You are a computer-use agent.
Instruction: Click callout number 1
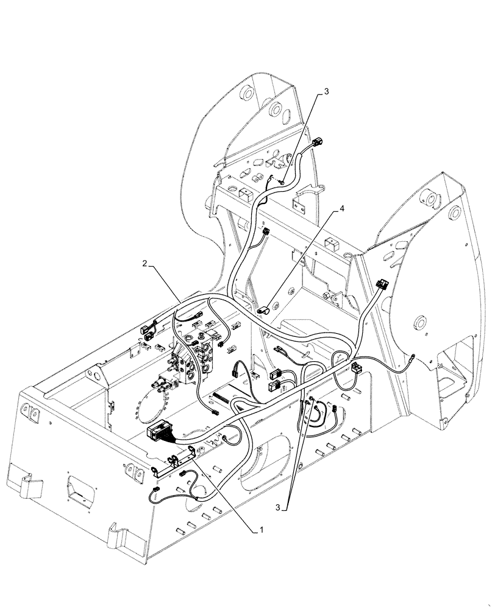(261, 531)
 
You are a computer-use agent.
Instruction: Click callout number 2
(144, 263)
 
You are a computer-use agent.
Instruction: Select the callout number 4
(343, 208)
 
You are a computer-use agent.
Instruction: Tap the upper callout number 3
(326, 91)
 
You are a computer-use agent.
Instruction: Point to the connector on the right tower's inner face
(382, 284)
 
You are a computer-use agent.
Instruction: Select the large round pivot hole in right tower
(418, 323)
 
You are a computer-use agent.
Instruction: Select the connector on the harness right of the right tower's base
(355, 367)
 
